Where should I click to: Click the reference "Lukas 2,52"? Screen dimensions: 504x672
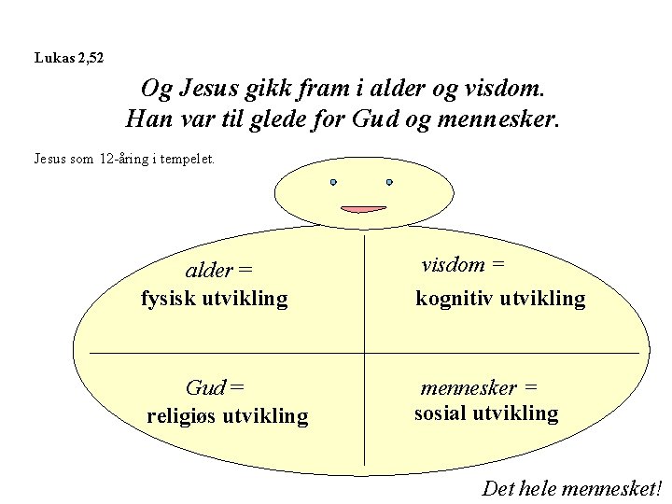[x=69, y=58]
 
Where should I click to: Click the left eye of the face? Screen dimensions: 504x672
[x=333, y=182]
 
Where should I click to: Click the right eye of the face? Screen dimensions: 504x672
[x=389, y=182]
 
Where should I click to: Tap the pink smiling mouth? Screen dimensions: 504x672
[x=363, y=208]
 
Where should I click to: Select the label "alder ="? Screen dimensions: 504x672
[x=219, y=271]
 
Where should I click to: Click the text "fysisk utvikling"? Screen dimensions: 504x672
[x=215, y=299]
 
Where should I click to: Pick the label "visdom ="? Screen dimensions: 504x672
[x=463, y=264]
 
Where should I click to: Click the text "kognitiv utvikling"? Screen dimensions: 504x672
[x=500, y=299]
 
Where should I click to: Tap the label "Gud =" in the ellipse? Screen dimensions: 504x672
[x=215, y=386]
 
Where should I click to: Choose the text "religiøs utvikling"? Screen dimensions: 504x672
[x=227, y=415]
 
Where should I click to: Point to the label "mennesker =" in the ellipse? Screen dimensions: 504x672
[x=479, y=386]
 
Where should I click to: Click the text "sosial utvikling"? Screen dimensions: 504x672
[x=486, y=413]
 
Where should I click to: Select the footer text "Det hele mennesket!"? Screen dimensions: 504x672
[x=571, y=487]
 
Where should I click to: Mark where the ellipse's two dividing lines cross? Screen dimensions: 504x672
[x=363, y=353]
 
